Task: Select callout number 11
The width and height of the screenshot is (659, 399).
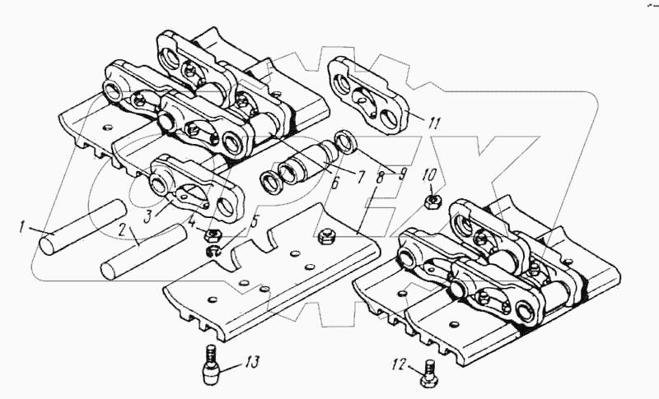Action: tap(435, 123)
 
